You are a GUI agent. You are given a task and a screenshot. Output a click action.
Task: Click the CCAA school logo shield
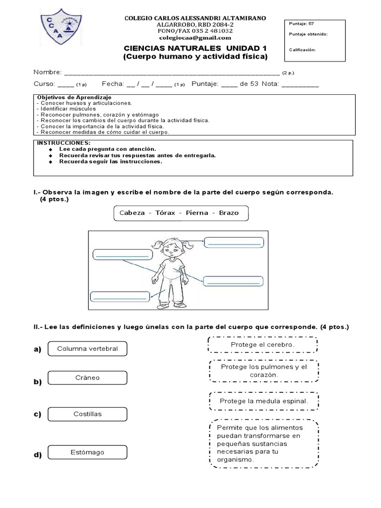[x=61, y=28]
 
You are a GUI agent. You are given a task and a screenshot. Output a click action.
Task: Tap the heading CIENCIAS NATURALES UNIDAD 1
[x=195, y=48]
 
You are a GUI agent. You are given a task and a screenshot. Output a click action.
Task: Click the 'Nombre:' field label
[x=48, y=72]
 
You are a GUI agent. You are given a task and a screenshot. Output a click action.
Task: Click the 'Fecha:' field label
[x=113, y=84]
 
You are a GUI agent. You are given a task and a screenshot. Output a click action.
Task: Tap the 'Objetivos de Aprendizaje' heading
[x=74, y=97]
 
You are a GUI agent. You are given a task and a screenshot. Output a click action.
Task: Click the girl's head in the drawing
[x=171, y=247]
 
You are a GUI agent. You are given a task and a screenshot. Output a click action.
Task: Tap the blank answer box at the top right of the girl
[x=233, y=243]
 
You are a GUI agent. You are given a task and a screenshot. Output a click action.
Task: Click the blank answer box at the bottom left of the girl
[x=120, y=297]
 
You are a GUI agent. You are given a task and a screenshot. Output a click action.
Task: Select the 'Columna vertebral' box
[x=87, y=349]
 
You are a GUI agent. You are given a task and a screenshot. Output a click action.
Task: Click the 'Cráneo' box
[x=87, y=378]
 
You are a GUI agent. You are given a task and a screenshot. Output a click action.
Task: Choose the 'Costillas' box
[x=87, y=414]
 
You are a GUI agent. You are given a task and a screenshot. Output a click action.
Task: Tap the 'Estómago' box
[x=87, y=452]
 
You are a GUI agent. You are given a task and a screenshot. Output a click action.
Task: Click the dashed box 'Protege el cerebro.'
[x=262, y=344]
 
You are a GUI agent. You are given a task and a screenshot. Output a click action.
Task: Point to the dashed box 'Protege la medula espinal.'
[x=263, y=401]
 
